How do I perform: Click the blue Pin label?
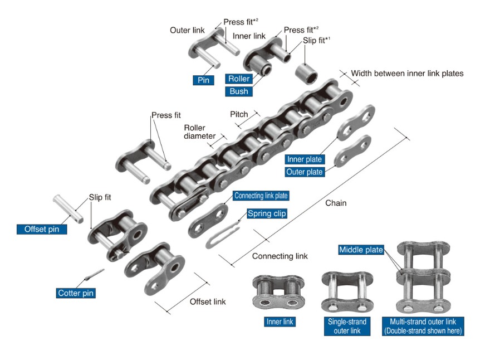pyautogui.click(x=203, y=80)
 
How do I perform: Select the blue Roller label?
pyautogui.click(x=239, y=79)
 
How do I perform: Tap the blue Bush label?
pyautogui.click(x=239, y=91)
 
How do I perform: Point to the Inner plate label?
pyautogui.click(x=305, y=159)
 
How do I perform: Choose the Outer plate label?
pyautogui.click(x=304, y=172)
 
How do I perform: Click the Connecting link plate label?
pyautogui.click(x=262, y=196)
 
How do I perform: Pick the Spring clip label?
pyautogui.click(x=267, y=213)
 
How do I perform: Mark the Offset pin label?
pyautogui.click(x=42, y=228)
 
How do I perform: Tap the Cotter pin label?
pyautogui.click(x=76, y=293)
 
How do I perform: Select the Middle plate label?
pyautogui.click(x=361, y=250)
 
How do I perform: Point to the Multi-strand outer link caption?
pyautogui.click(x=423, y=326)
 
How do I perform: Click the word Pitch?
pyautogui.click(x=239, y=114)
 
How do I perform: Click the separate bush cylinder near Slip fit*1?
pyautogui.click(x=308, y=71)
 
